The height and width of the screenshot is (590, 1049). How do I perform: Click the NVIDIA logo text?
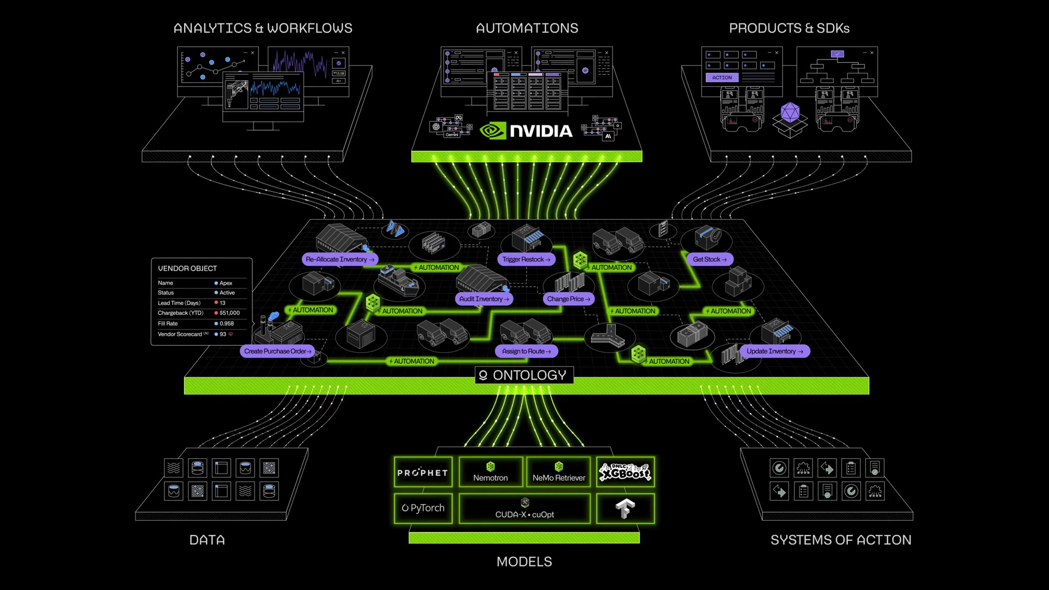[x=540, y=131]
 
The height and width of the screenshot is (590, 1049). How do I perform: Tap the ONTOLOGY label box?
[x=524, y=375]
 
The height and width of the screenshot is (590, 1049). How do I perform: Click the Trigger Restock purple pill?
[x=526, y=259]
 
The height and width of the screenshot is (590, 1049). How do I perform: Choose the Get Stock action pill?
[x=709, y=259]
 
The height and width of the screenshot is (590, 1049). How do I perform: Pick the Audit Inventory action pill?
[x=484, y=299]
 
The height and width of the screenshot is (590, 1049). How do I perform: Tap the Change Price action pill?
[x=568, y=299]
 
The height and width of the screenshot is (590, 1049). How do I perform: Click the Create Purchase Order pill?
[x=278, y=351]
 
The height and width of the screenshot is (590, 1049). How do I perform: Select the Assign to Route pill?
[x=526, y=351]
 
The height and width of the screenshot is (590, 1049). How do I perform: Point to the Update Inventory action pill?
[x=774, y=351]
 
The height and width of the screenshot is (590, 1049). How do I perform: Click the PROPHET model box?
[x=423, y=473]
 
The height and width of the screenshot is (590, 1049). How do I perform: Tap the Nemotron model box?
[x=491, y=473]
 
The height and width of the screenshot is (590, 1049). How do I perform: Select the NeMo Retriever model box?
[x=558, y=473]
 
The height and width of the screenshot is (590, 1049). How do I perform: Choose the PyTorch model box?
[x=423, y=508]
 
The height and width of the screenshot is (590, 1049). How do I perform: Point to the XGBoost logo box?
[x=625, y=472]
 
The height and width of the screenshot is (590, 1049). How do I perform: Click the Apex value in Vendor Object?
[x=226, y=283]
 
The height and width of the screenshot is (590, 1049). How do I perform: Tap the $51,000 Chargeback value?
[x=229, y=313]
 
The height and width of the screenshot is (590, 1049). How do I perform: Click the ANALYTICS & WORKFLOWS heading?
[x=263, y=28]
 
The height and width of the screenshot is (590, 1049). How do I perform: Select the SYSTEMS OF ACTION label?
[x=841, y=540]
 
